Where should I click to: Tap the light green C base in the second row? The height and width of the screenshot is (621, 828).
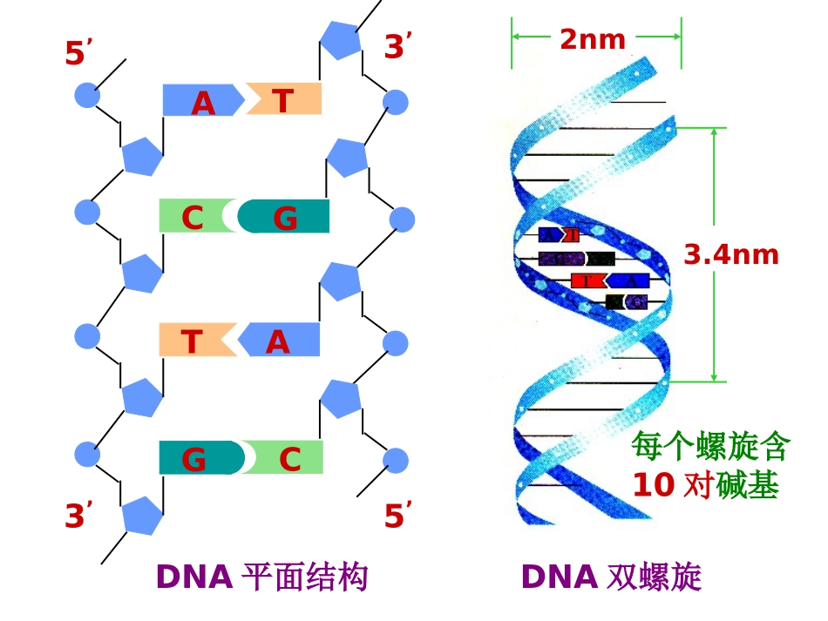point(193,216)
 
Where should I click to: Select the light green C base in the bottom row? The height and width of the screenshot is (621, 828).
point(288,457)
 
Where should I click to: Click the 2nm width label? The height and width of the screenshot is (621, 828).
point(593,39)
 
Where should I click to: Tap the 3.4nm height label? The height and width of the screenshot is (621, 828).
point(730,254)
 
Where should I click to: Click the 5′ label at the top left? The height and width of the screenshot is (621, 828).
point(78,54)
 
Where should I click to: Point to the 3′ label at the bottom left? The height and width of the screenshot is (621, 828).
point(78,517)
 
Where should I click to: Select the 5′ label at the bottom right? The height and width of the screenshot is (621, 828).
point(397,517)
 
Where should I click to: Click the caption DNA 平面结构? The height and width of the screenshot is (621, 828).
point(261,577)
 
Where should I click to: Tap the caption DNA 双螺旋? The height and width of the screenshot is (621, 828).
point(611,577)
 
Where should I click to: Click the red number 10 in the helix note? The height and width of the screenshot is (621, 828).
point(654,485)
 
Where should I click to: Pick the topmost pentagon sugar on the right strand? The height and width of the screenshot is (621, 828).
point(340,38)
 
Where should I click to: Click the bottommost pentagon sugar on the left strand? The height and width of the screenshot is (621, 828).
point(141,515)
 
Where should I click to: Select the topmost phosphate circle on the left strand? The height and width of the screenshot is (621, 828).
point(86,95)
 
